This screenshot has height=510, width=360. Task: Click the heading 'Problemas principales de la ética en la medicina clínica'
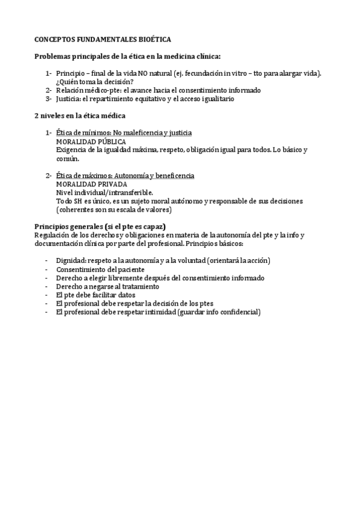click(x=127, y=56)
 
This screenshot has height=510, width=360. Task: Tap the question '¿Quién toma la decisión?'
click(x=94, y=82)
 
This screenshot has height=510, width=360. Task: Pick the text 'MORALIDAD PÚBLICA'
click(x=91, y=141)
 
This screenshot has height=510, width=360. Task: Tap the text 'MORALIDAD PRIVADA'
click(x=91, y=184)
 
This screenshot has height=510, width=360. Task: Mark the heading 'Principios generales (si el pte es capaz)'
click(x=100, y=226)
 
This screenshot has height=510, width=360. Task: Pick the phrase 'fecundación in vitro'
click(x=225, y=73)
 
